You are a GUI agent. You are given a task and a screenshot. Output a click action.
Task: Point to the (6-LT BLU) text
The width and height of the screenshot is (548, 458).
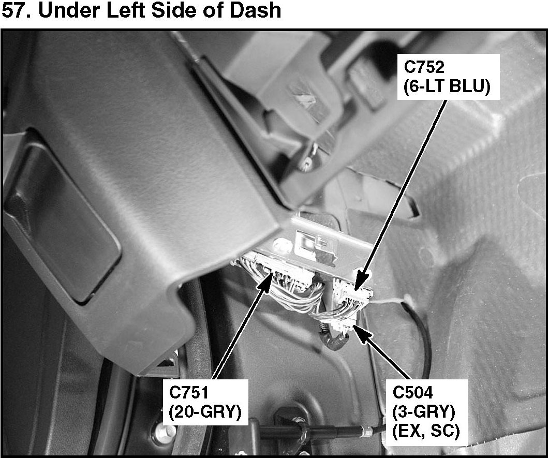click(446, 86)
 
